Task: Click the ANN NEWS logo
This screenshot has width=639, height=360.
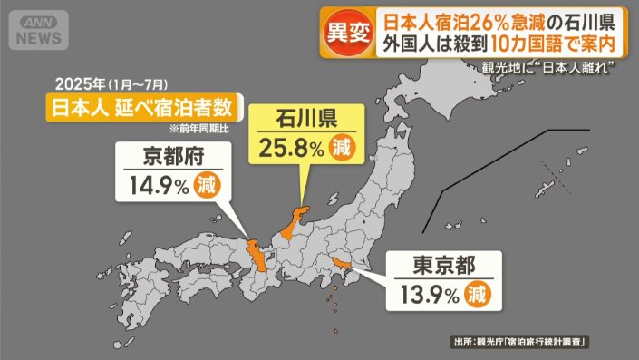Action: pos(41,31)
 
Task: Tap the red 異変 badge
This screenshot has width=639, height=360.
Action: pos(347,33)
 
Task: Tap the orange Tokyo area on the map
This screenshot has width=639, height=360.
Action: pos(343,264)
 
